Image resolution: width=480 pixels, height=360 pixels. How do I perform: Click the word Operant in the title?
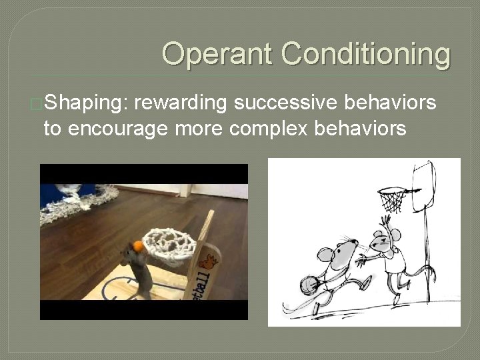pyautogui.click(x=217, y=53)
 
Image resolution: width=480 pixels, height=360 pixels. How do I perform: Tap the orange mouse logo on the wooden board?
pyautogui.click(x=207, y=263)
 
